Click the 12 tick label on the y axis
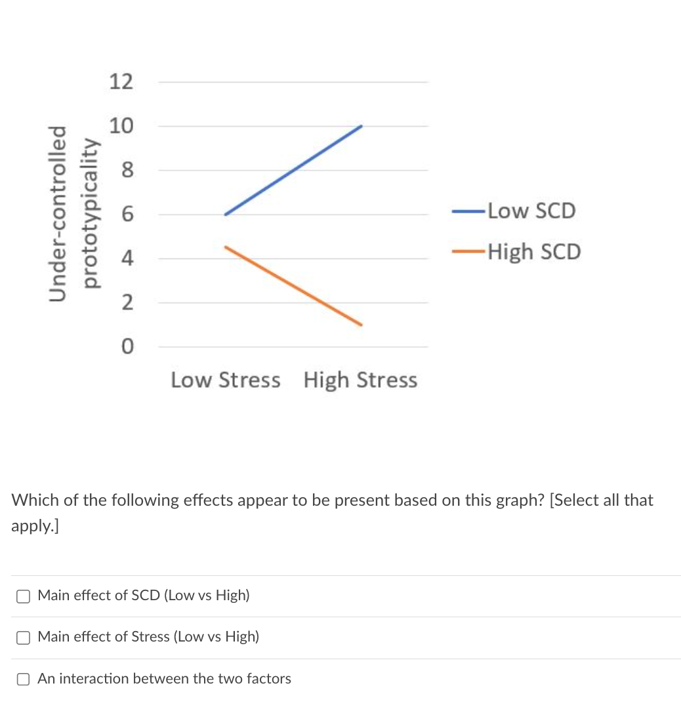coord(121,82)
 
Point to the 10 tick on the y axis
coord(121,126)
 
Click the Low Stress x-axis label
coord(225,380)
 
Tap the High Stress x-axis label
coord(360,380)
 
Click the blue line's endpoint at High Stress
coord(361,126)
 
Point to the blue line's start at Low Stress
coord(225,214)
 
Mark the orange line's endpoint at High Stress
coord(361,325)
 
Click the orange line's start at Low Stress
coord(225,247)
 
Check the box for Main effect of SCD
coord(24,596)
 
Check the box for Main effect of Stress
coord(24,637)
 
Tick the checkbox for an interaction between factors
coord(24,679)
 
